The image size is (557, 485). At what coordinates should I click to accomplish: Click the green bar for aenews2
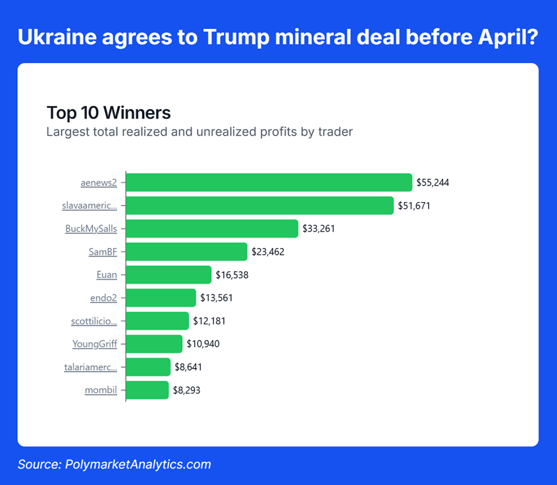pos(269,182)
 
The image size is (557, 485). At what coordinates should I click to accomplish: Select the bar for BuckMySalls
pos(212,228)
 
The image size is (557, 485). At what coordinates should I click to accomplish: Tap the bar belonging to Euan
pos(169,274)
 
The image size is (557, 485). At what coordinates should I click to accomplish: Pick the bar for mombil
pos(147,390)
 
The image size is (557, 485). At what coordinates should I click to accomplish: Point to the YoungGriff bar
pos(154,344)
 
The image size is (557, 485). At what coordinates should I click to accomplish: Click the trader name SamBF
pos(103,251)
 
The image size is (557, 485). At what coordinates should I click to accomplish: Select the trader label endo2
pos(103,297)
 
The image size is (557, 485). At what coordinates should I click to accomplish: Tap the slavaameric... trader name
pos(90,205)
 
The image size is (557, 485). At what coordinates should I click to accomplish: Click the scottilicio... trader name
pos(93,320)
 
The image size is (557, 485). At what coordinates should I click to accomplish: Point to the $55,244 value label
pos(433,182)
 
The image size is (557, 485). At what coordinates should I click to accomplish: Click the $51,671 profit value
pos(414,205)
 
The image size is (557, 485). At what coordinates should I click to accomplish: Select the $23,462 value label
pos(267,251)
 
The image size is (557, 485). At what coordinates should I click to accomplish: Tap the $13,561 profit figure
pos(216,297)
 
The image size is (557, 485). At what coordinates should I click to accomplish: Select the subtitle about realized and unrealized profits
pos(199,132)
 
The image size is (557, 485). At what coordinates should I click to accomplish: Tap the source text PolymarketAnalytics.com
pos(138,465)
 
